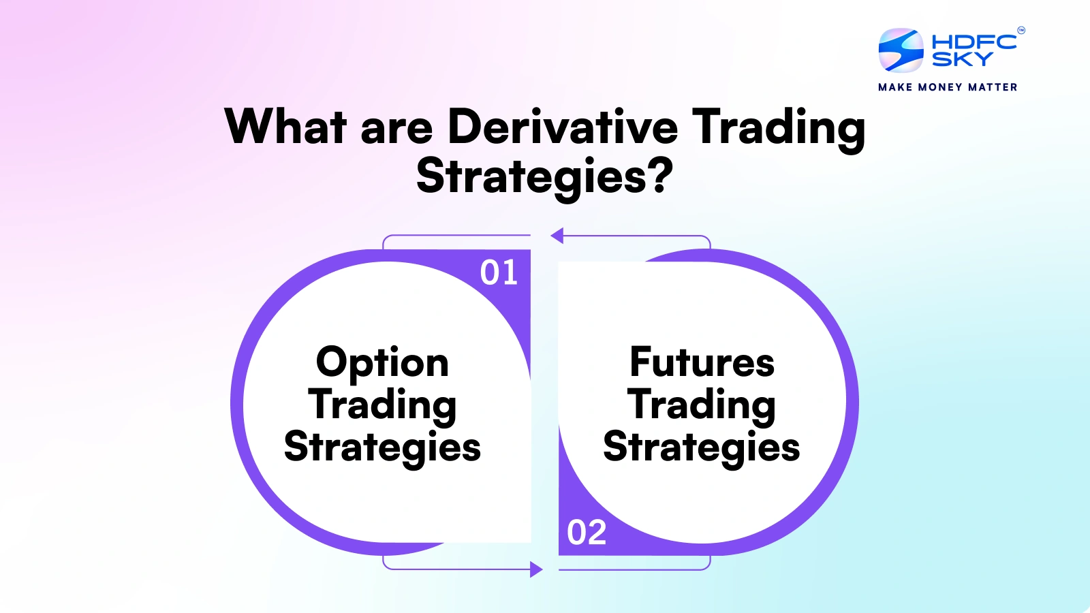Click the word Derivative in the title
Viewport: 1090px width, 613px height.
point(563,127)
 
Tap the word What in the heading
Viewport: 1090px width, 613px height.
point(286,127)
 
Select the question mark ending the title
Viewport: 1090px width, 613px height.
point(660,176)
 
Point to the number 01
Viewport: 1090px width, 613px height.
point(499,273)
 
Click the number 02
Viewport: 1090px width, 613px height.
point(587,533)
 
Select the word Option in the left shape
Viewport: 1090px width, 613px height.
point(382,362)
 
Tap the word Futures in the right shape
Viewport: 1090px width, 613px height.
point(702,362)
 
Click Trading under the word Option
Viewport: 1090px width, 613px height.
point(382,405)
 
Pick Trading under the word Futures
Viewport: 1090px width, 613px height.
point(702,405)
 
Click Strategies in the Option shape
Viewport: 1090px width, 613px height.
point(382,447)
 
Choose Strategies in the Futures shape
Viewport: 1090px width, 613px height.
point(702,447)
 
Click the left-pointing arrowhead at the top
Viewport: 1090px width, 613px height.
point(557,236)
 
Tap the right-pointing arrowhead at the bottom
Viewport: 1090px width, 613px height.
point(537,569)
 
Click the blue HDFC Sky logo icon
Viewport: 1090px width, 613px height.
point(901,50)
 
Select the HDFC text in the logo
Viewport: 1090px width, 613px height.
point(974,42)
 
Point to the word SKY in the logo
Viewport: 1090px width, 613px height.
point(962,60)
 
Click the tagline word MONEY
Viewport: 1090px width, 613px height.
point(940,87)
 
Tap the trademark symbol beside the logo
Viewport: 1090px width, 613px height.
point(1021,30)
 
